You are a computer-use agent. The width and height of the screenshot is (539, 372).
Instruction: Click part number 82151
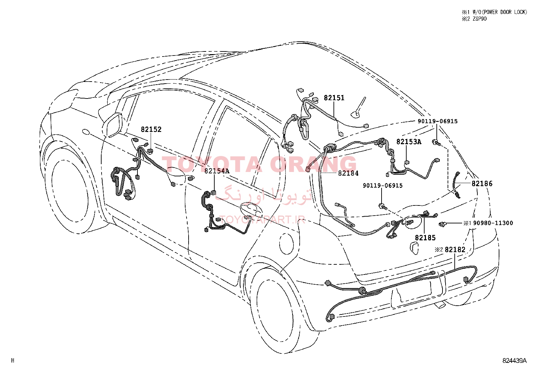tap(334, 98)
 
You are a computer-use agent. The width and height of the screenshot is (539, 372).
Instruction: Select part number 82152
tap(151, 129)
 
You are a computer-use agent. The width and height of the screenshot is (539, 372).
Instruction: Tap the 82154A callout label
tap(217, 171)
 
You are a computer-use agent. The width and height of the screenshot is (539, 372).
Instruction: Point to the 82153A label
tap(409, 142)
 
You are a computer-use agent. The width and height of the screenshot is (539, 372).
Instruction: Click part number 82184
tap(348, 173)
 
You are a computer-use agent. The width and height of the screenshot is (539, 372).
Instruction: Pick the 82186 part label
tap(482, 184)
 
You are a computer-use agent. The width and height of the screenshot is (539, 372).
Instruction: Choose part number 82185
tap(426, 238)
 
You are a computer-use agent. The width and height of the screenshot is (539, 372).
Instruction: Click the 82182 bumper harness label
tap(455, 249)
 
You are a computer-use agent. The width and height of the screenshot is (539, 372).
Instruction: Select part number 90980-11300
tap(493, 223)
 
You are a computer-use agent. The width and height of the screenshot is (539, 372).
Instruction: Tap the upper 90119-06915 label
tap(437, 121)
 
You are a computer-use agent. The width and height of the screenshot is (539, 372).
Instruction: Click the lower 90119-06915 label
tap(383, 185)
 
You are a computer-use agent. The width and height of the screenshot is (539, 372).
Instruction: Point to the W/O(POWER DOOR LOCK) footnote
tap(499, 12)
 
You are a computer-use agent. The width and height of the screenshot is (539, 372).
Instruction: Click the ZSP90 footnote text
tap(479, 19)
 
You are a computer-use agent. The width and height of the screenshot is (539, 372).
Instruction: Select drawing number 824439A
tap(515, 361)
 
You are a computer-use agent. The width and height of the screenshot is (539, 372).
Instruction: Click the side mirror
tap(113, 125)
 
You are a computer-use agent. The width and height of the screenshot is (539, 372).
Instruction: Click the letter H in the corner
tap(13, 360)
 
